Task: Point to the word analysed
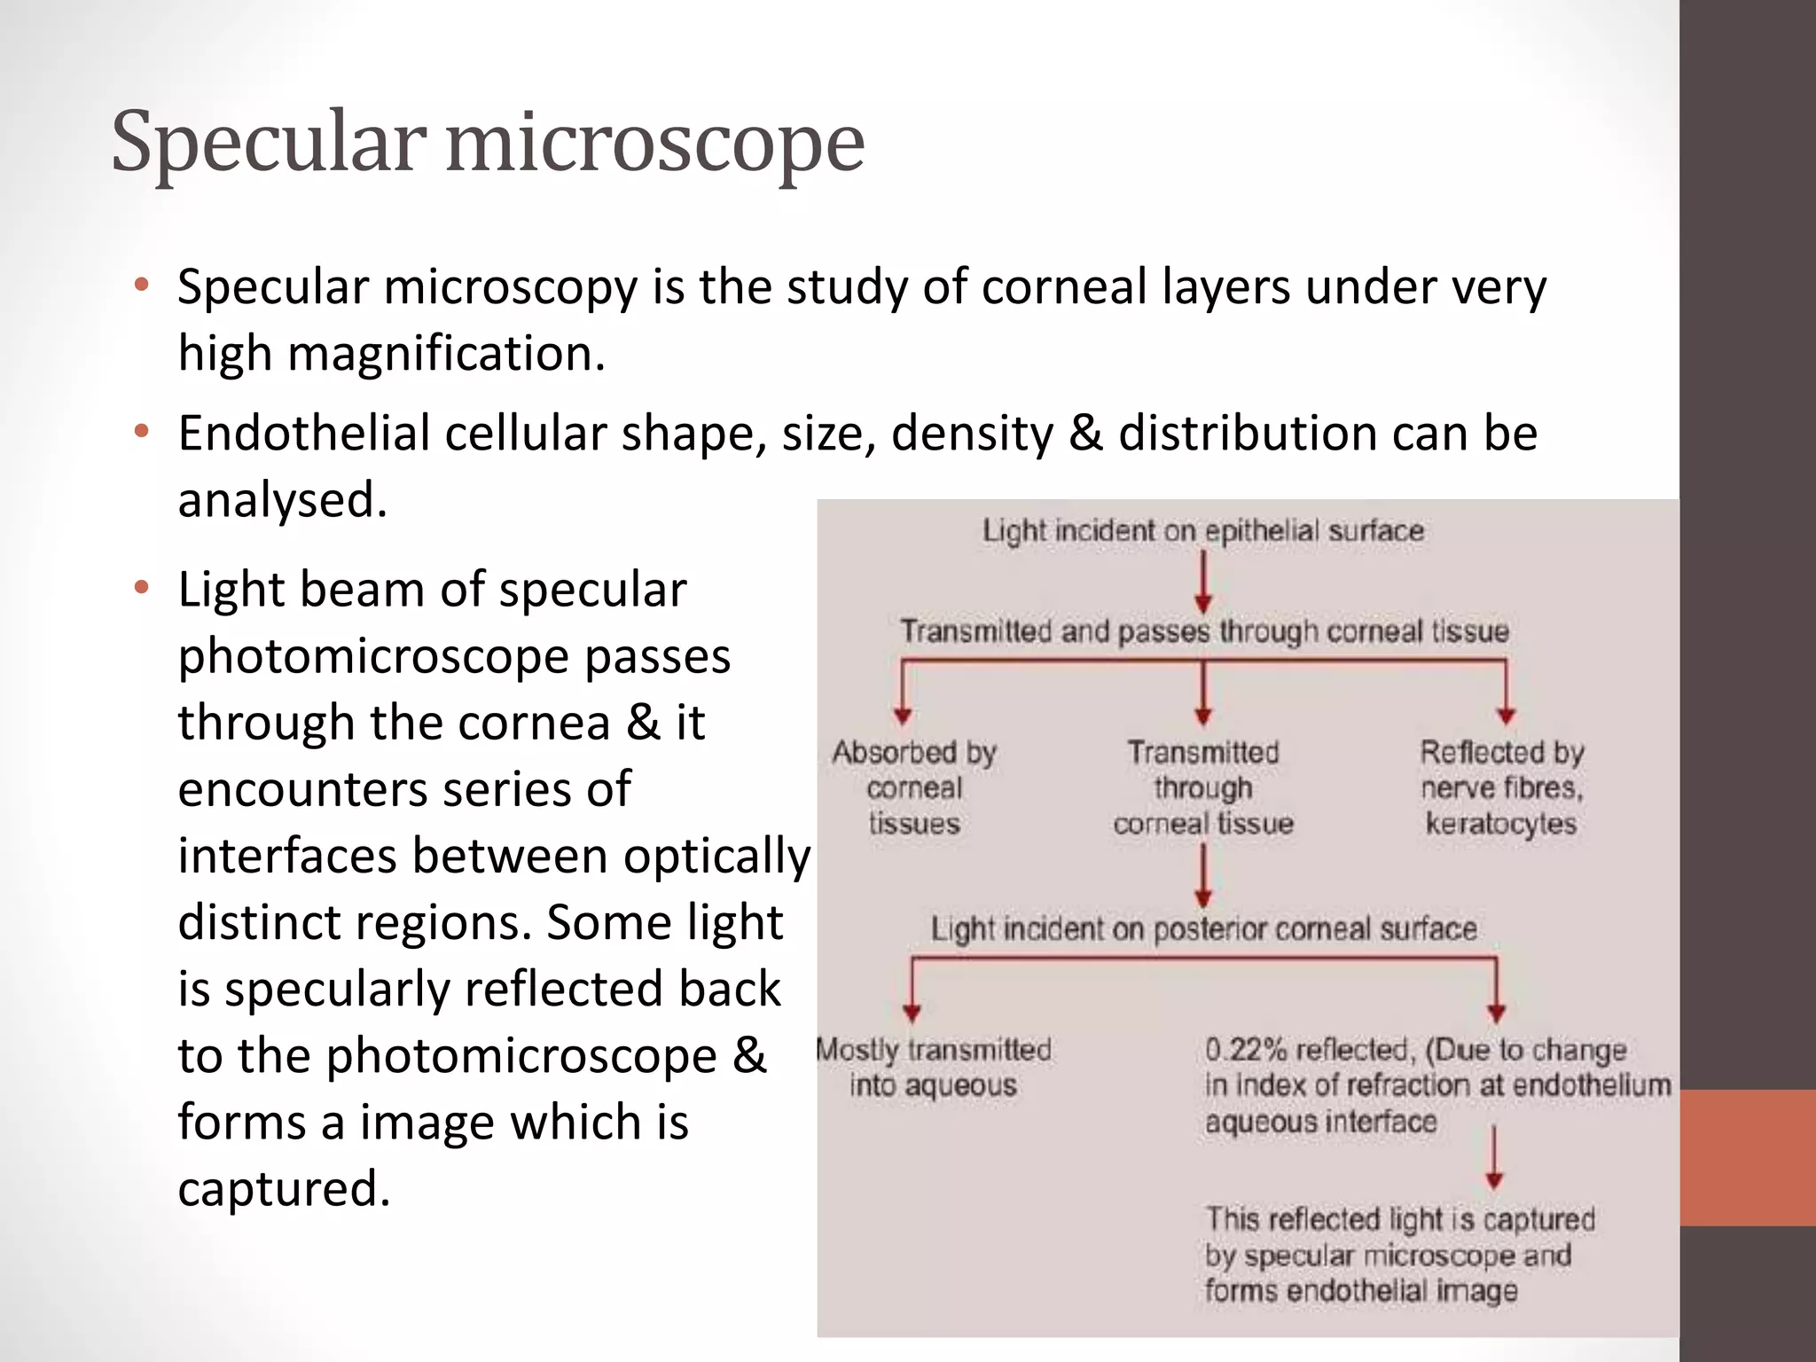282,499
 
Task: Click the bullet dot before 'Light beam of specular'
141,588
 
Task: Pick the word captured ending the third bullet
284,1188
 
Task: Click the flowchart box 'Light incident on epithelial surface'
1202,531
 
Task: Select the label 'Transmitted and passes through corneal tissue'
1204,631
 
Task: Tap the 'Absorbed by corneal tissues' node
914,787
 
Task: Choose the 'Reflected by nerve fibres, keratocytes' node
1501,787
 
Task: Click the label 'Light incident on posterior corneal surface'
1203,929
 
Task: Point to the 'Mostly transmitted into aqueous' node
933,1067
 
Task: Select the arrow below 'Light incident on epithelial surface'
1203,582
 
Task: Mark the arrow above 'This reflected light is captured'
1494,1157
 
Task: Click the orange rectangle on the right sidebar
1747,1157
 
